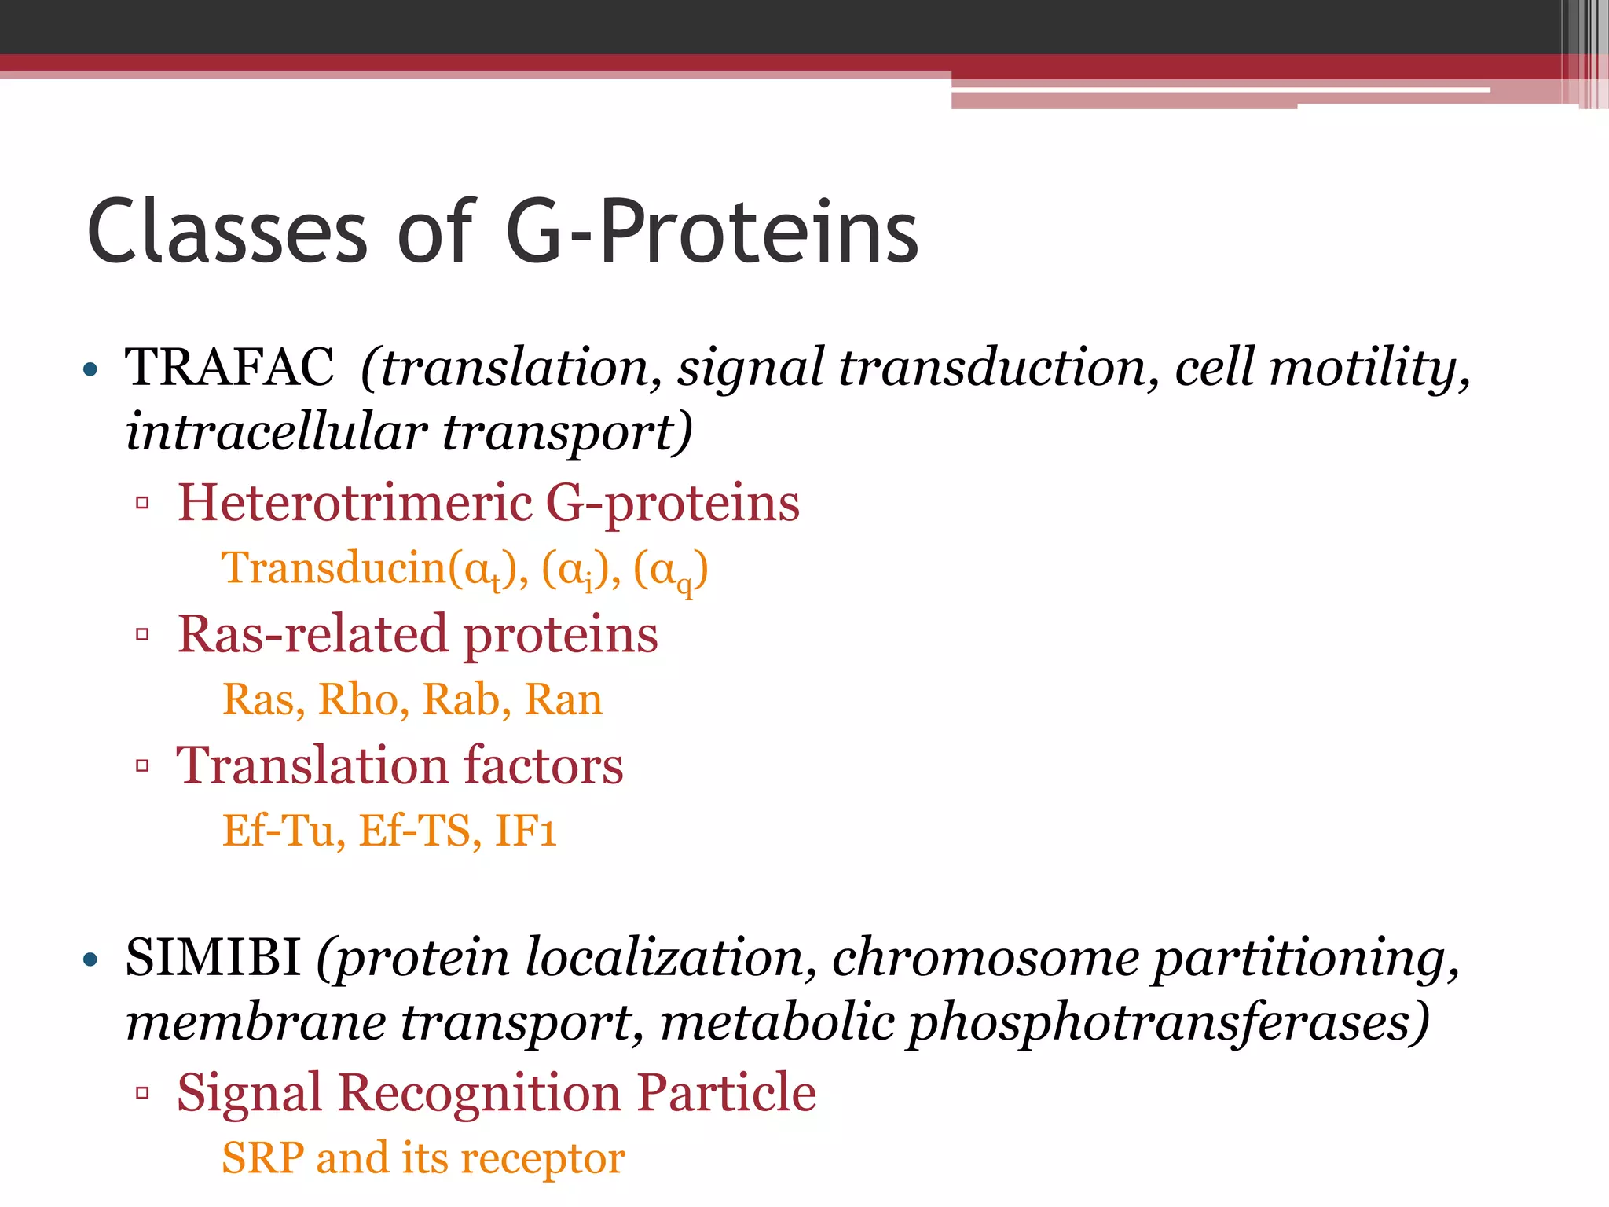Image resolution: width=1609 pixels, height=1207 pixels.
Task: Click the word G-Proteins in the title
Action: tap(712, 232)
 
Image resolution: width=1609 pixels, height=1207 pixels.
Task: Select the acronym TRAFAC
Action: tap(229, 367)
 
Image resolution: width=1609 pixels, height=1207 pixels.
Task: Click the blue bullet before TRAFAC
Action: tap(90, 369)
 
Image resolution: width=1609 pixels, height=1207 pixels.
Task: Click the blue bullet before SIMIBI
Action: tap(90, 959)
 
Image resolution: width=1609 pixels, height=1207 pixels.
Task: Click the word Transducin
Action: tap(334, 567)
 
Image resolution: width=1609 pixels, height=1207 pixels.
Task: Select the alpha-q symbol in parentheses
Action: tap(671, 570)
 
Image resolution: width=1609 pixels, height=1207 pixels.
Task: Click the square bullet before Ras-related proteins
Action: tap(142, 634)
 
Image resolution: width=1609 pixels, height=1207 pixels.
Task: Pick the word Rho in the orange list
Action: tap(363, 699)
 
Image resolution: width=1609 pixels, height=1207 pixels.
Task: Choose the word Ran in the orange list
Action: tap(563, 699)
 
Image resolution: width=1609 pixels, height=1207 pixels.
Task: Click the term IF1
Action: tap(526, 831)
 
